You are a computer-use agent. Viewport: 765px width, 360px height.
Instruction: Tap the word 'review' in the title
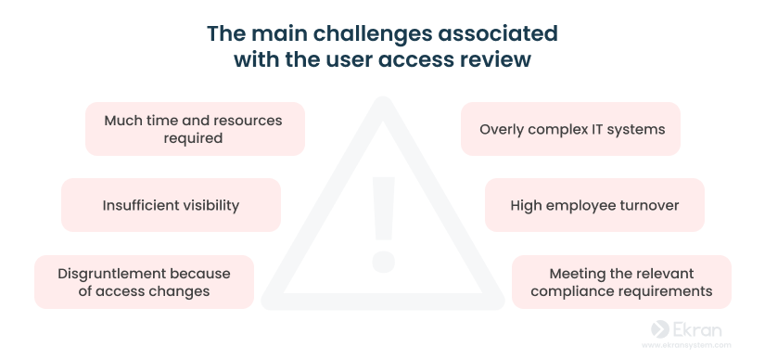click(x=503, y=59)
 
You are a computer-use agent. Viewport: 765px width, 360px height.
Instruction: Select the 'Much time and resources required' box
click(x=194, y=129)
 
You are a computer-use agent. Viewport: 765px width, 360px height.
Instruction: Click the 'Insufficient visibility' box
click(x=171, y=205)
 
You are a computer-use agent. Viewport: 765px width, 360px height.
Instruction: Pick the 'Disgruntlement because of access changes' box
click(x=144, y=282)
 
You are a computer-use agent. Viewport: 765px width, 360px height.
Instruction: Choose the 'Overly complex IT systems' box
click(x=571, y=129)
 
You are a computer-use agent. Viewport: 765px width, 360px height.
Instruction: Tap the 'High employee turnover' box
click(x=594, y=205)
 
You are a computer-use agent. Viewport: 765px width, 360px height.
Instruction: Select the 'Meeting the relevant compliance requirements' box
click(x=621, y=282)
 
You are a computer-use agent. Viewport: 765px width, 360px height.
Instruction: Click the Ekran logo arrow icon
click(x=660, y=328)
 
